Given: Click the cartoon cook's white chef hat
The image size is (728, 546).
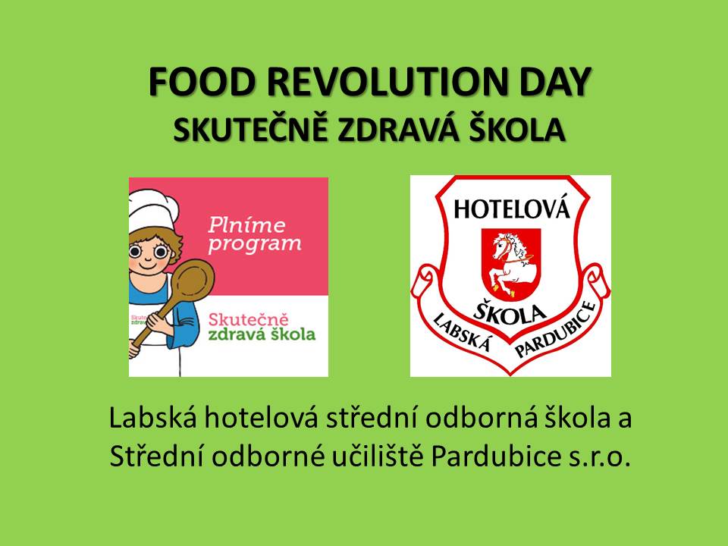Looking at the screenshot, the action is [x=152, y=210].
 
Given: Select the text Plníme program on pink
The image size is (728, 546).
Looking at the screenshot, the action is [x=255, y=235].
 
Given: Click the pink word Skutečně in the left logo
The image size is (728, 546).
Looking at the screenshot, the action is [x=249, y=319].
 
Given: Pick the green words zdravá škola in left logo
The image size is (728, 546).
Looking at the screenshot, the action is [x=262, y=334].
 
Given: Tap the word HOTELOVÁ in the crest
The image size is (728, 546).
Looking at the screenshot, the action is [x=511, y=209].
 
